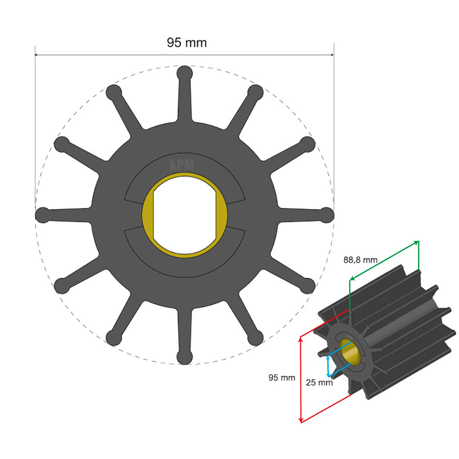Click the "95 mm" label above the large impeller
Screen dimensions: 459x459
[186, 43]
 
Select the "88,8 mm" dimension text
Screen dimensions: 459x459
[360, 260]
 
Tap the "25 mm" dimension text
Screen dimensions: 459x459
[319, 382]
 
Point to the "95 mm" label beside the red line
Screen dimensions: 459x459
[281, 378]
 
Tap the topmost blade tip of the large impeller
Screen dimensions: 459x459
[185, 73]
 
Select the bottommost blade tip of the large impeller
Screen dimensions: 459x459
[185, 357]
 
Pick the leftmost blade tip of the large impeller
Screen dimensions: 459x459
[43, 214]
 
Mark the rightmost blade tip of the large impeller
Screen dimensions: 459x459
[327, 214]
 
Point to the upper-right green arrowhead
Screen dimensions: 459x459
[417, 242]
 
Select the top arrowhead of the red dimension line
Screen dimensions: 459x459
[301, 338]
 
